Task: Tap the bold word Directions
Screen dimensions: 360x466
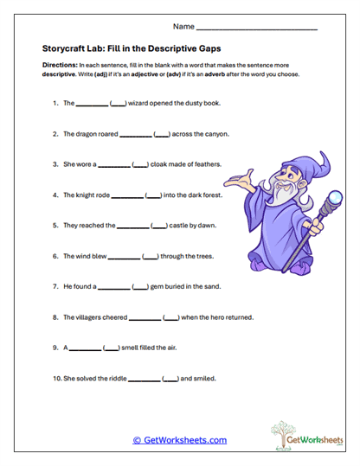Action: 60,66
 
